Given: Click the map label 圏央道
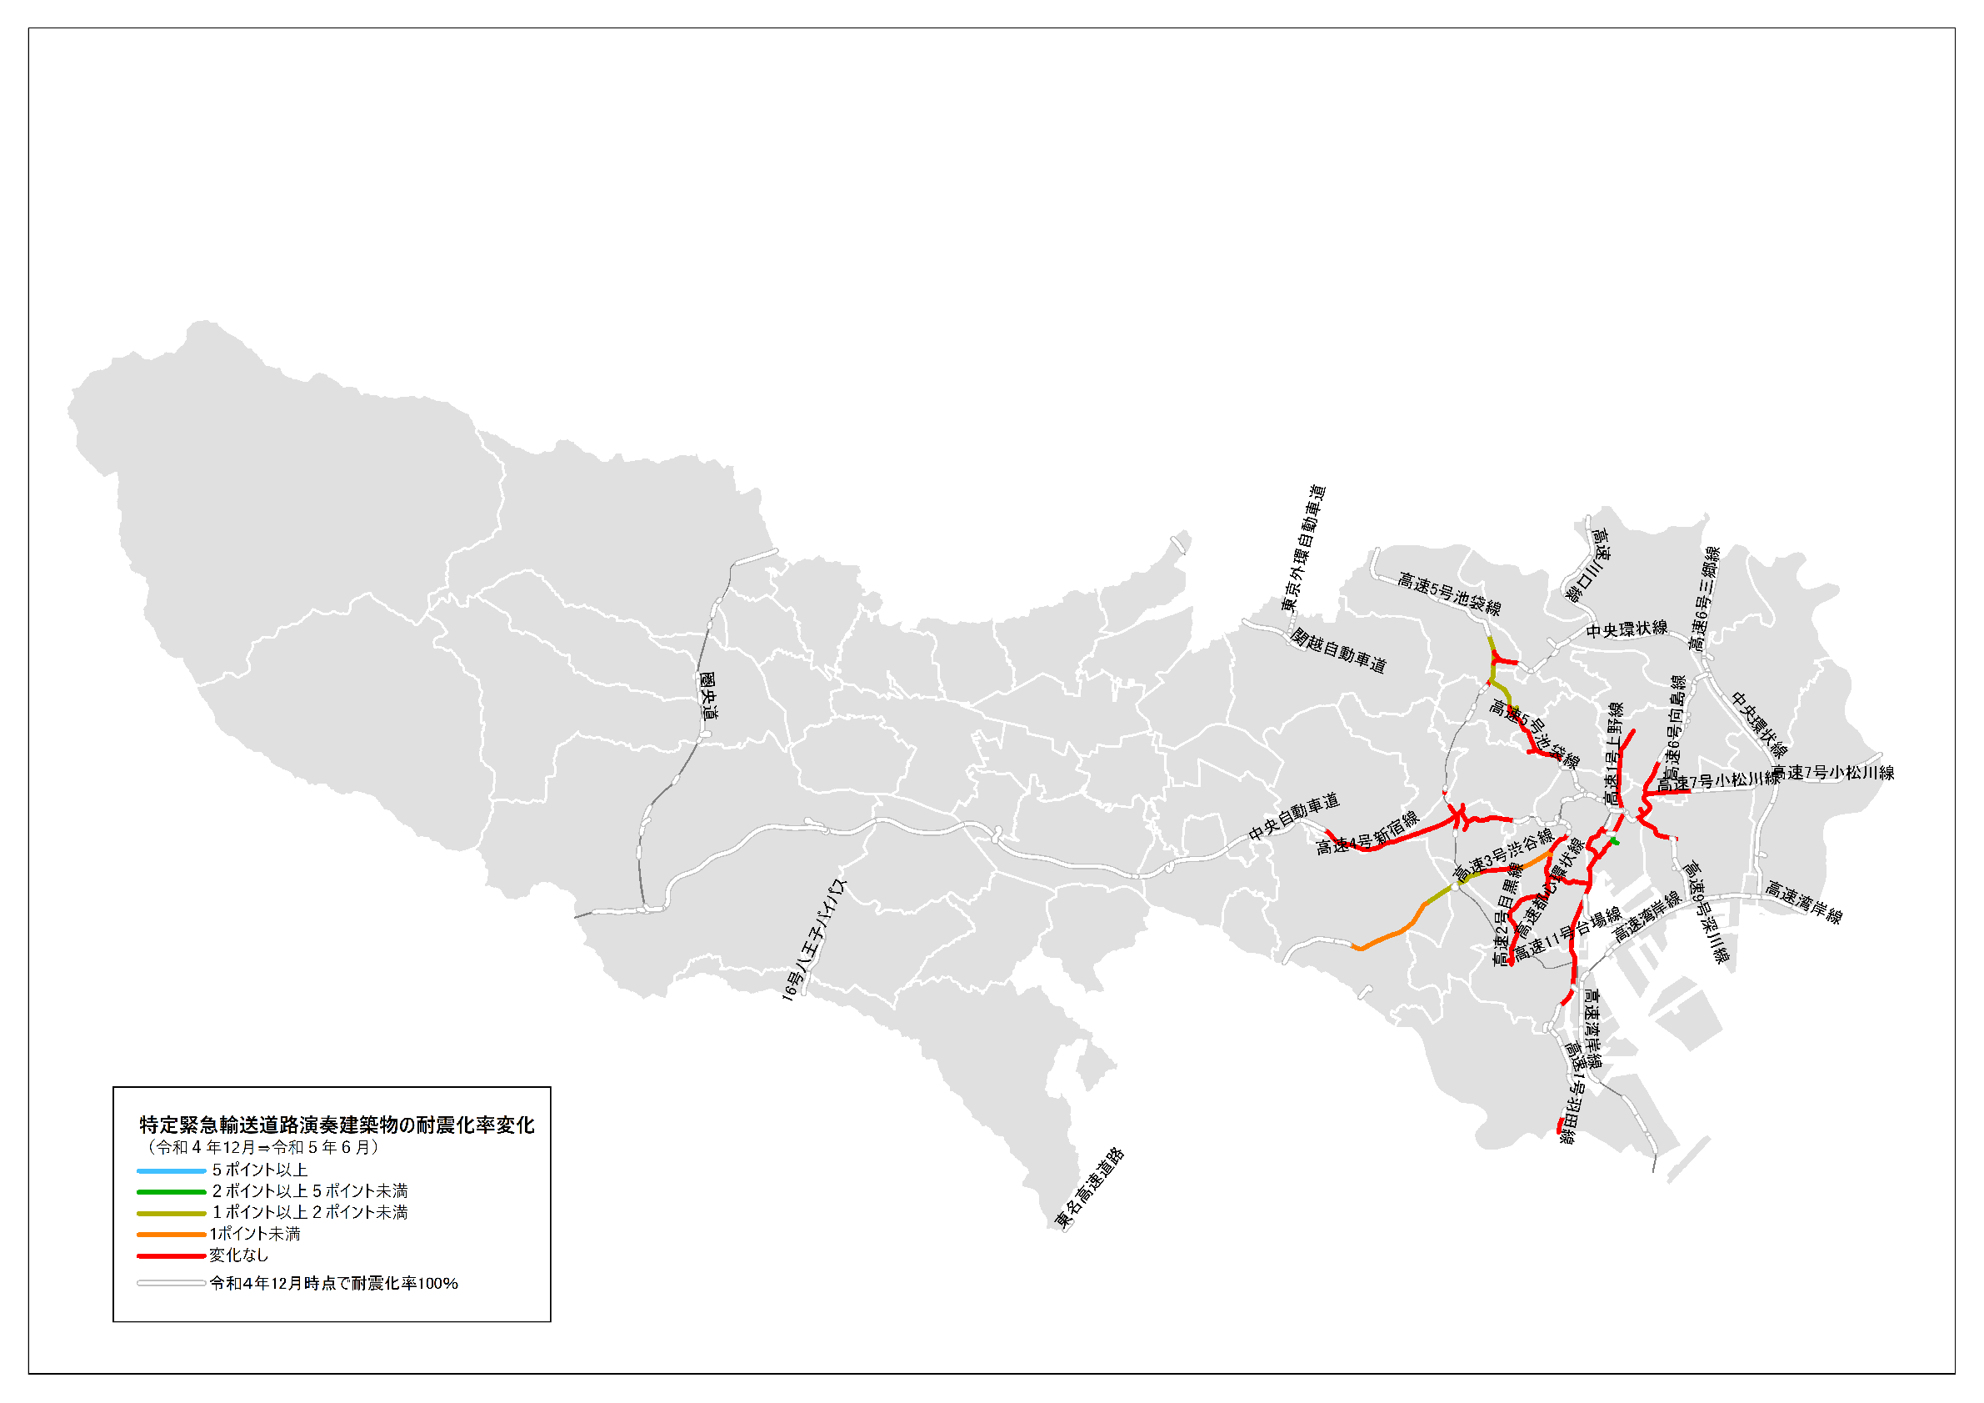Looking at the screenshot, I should [708, 697].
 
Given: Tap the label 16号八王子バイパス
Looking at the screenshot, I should [814, 940].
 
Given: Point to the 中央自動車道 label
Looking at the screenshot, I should [1293, 816].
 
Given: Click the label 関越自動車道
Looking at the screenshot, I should [1337, 650].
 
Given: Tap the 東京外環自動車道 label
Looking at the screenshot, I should [1303, 548].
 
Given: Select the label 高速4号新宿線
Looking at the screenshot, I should [1367, 834].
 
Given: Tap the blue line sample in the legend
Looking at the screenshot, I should [171, 1170].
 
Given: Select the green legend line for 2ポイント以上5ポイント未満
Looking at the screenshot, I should [171, 1192].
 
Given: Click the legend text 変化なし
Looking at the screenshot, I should [238, 1255].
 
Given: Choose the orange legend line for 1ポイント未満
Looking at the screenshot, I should [171, 1235].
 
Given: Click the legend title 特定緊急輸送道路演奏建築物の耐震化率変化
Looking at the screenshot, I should [337, 1125].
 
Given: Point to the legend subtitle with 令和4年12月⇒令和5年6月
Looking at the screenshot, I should [262, 1147].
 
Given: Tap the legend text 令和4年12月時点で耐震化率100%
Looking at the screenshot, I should [333, 1284].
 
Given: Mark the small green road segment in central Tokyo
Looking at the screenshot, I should [1614, 841].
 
